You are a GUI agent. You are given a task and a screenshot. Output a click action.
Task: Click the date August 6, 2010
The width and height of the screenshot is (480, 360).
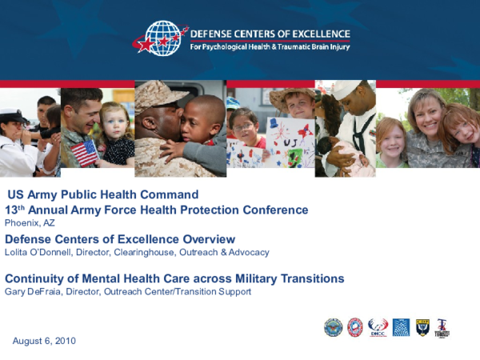(44, 341)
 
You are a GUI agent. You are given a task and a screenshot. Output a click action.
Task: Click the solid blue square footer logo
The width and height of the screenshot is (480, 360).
(401, 327)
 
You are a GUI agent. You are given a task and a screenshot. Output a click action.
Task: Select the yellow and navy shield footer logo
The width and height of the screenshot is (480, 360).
(422, 327)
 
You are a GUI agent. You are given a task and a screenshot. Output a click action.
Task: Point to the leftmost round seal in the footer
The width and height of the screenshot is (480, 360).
(333, 327)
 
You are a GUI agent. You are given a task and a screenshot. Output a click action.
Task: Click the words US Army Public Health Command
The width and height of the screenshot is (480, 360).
(102, 194)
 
